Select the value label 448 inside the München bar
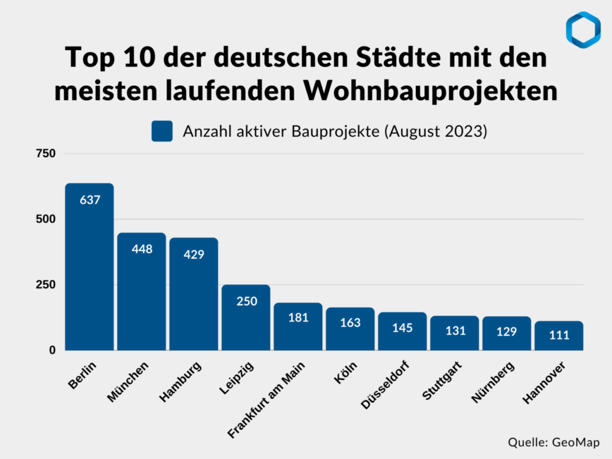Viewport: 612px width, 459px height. [142, 249]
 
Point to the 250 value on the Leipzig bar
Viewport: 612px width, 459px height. [246, 301]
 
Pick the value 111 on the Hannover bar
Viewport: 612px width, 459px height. [559, 335]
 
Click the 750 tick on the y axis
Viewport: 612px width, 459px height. [48, 154]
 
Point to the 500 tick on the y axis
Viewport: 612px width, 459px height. [48, 219]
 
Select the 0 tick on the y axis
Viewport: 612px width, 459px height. [52, 350]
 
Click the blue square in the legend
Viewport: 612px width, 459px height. [162, 131]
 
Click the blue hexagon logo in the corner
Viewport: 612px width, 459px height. [582, 30]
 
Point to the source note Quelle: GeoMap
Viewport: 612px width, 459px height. [553, 442]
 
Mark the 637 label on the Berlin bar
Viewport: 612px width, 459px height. [90, 200]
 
